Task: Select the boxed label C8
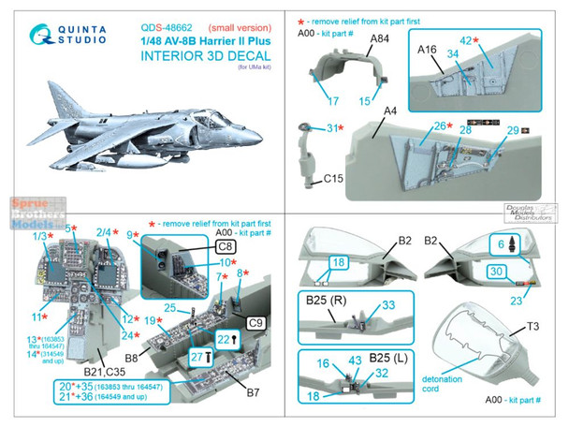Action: pos(224,247)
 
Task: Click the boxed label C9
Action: pos(266,322)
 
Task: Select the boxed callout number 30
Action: pos(496,272)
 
